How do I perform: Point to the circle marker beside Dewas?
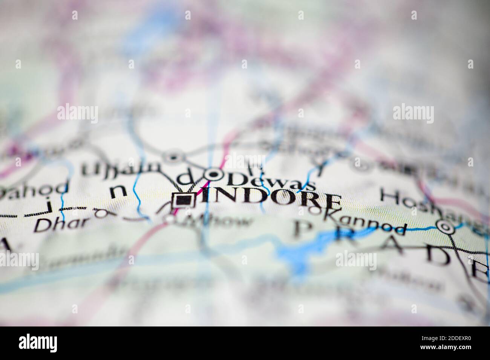tap(214, 174)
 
